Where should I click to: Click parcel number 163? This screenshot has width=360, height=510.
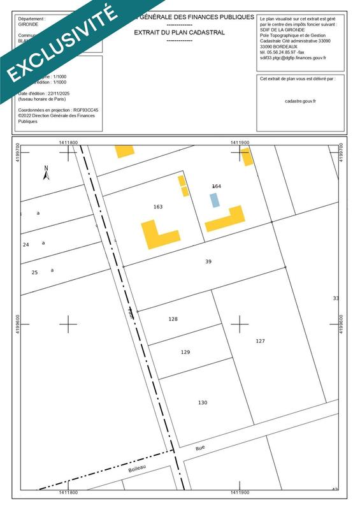[158, 207]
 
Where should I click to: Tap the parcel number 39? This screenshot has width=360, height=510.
[208, 262]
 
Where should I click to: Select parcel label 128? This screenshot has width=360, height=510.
[173, 319]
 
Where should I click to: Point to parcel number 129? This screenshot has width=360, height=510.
[185, 352]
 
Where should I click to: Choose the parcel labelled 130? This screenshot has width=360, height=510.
[203, 402]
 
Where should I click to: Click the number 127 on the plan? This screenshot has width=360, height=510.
[260, 341]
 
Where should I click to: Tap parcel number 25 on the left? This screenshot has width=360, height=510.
[35, 272]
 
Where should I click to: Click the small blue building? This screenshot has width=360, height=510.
[215, 200]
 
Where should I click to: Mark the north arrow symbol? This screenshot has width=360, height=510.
[46, 171]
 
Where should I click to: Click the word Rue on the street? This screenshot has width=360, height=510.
[200, 448]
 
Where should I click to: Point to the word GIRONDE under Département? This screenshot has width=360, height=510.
[29, 24]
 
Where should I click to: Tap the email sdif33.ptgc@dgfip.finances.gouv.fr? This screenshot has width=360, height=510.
[292, 57]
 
